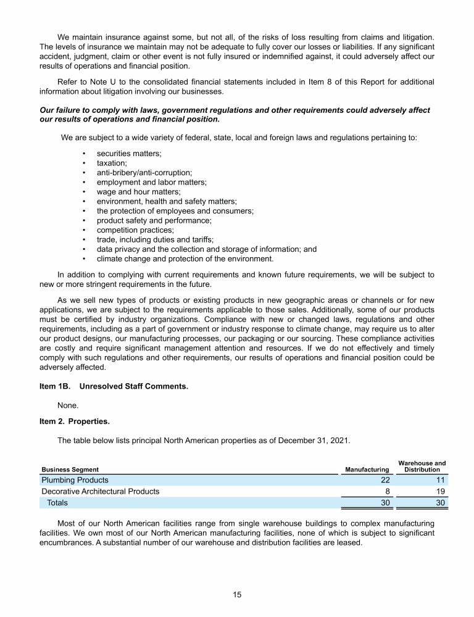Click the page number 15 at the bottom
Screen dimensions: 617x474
pyautogui.click(x=237, y=595)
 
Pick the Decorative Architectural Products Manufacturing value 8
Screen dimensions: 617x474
pyautogui.click(x=385, y=492)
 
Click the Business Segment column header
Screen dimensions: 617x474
pyautogui.click(x=70, y=470)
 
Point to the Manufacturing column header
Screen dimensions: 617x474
pyautogui.click(x=367, y=470)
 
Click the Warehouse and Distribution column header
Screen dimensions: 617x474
pyautogui.click(x=422, y=466)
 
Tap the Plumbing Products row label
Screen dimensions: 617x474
pyautogui.click(x=75, y=480)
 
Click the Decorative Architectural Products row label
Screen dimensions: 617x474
pyautogui.click(x=100, y=492)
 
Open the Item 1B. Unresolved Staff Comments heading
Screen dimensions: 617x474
pyautogui.click(x=114, y=387)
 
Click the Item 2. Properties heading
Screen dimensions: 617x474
pyautogui.click(x=73, y=422)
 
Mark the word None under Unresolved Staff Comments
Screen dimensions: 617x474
pyautogui.click(x=68, y=405)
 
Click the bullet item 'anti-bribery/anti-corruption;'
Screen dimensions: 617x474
pyautogui.click(x=144, y=173)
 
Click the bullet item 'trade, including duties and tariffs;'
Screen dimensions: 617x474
pyautogui.click(x=155, y=239)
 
